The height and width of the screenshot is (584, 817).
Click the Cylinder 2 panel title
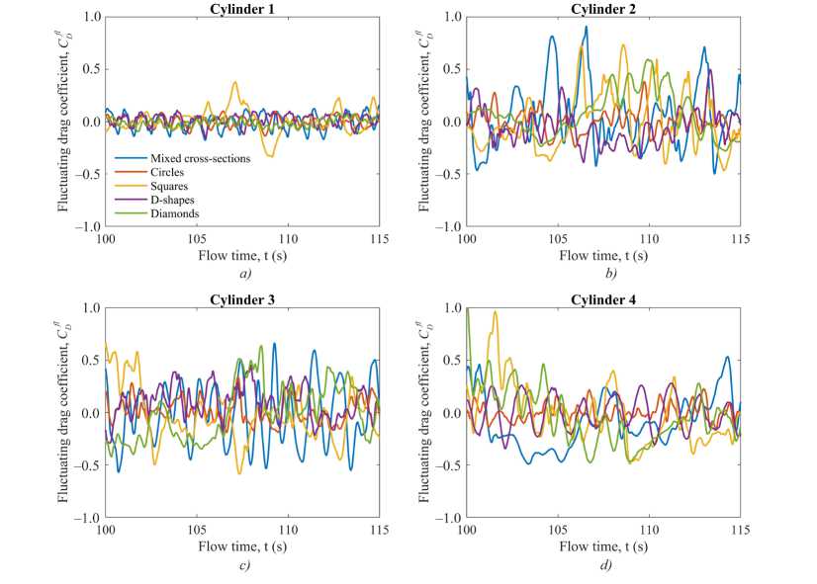point(602,9)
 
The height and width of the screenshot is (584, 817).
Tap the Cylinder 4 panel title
point(602,299)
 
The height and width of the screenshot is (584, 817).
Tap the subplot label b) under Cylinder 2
point(602,274)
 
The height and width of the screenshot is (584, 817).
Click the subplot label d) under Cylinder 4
point(602,564)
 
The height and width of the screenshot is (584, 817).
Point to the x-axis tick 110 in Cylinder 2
point(649,239)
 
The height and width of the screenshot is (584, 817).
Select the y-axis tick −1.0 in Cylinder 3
point(88,518)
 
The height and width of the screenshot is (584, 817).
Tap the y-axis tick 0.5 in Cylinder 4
point(453,361)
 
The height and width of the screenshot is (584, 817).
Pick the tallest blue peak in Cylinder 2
point(586,27)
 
